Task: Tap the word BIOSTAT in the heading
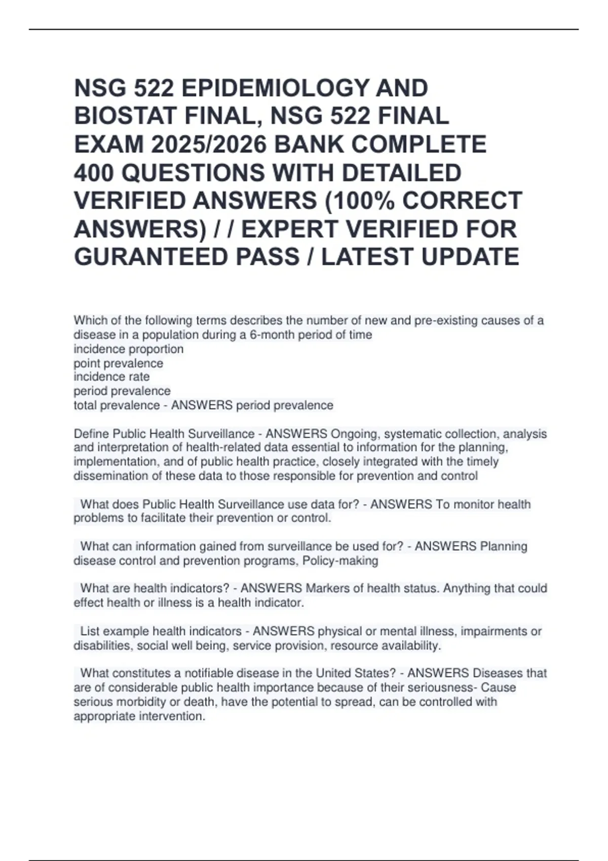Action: [x=125, y=116]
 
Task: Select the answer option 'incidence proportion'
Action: [x=129, y=349]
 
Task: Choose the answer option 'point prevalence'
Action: [x=119, y=363]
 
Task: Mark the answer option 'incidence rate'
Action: [x=111, y=377]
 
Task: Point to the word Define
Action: [x=91, y=434]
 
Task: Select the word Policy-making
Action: [x=340, y=561]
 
